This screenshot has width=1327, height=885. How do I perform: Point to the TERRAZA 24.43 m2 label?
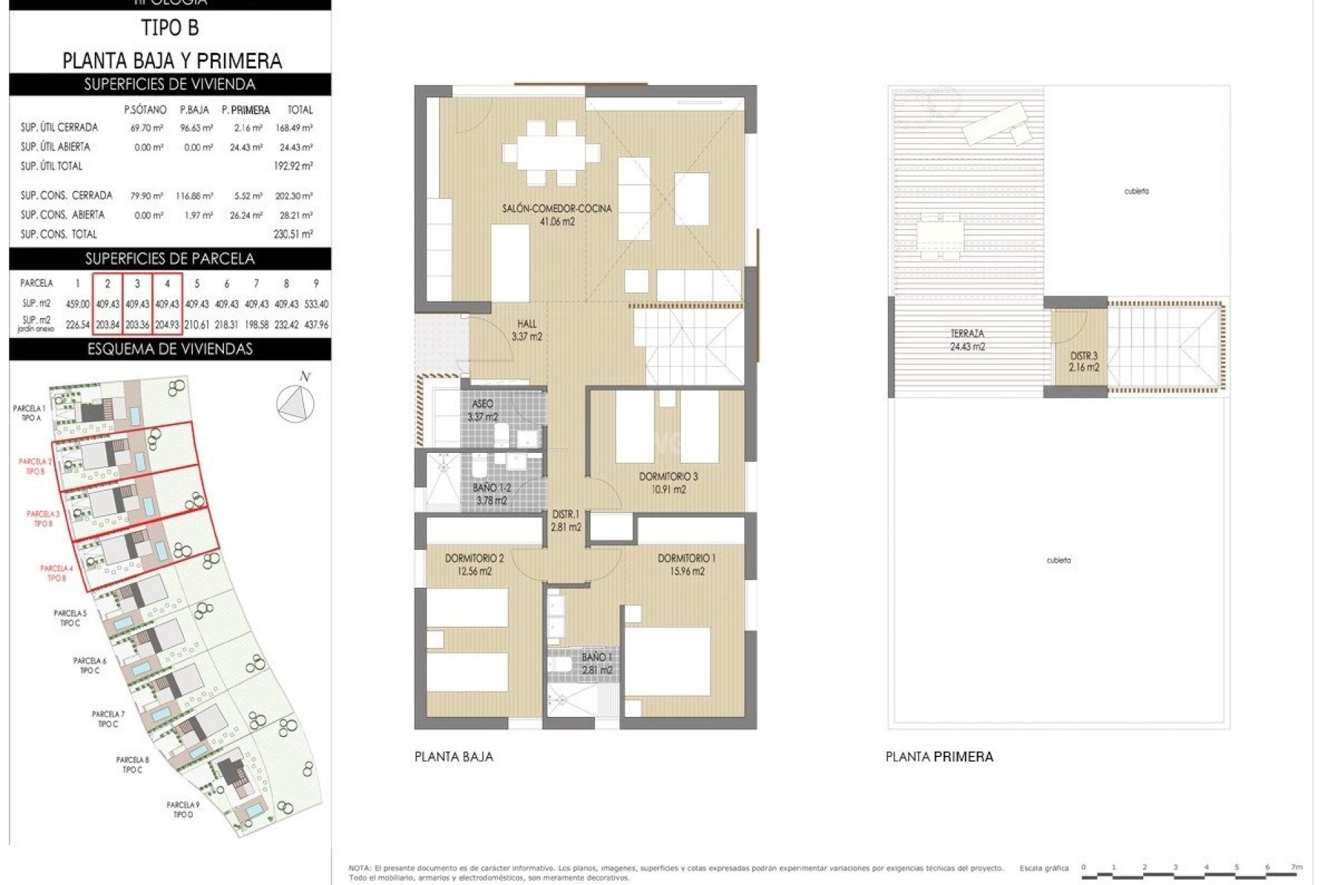[967, 340]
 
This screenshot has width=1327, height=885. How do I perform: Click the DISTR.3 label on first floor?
[1083, 362]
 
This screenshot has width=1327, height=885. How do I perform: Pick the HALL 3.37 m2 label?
[527, 330]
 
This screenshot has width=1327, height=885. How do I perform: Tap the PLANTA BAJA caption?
[453, 756]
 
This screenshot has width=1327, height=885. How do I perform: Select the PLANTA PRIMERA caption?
[939, 756]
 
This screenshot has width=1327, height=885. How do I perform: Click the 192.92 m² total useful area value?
[293, 166]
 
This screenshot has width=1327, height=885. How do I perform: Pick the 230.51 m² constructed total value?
[293, 234]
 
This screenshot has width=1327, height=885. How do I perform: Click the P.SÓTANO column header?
[145, 110]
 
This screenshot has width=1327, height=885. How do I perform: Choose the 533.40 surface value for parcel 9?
[316, 304]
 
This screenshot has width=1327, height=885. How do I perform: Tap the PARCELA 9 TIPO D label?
[182, 810]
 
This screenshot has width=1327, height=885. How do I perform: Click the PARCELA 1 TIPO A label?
[29, 413]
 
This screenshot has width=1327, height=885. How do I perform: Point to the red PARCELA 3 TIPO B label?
[43, 519]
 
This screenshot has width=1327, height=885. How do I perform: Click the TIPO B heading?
[170, 28]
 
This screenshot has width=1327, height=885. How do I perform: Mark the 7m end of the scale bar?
[1296, 867]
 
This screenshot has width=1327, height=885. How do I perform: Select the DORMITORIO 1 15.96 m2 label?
[686, 564]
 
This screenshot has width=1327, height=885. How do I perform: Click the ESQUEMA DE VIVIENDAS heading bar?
[170, 349]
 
